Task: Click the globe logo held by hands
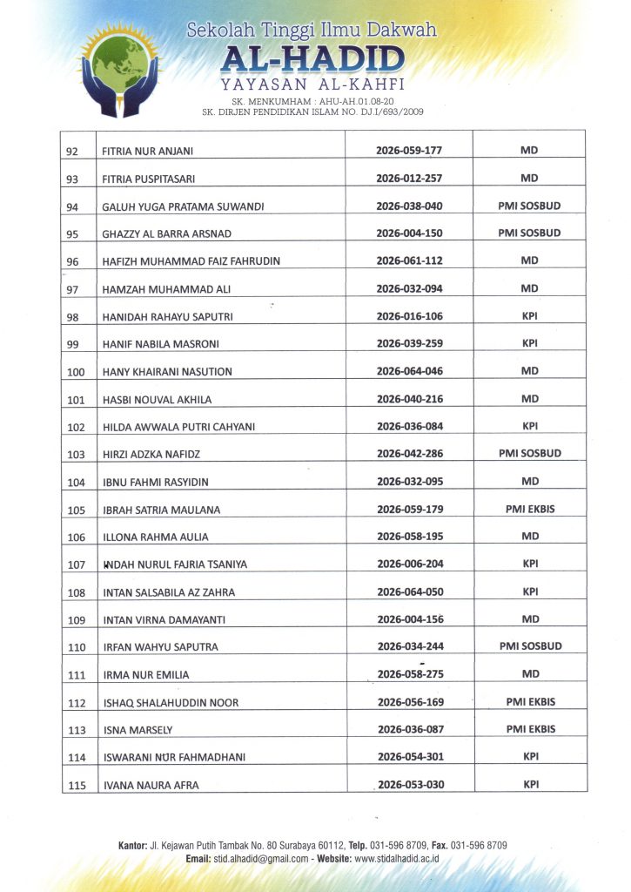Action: tap(121, 67)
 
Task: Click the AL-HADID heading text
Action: tap(312, 60)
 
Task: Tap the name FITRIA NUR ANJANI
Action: tap(147, 151)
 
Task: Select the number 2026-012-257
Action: tap(409, 179)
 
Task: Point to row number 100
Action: tap(77, 372)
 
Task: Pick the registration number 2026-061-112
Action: tap(409, 260)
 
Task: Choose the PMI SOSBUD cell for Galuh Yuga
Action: tap(529, 206)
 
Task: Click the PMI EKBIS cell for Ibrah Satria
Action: tap(529, 509)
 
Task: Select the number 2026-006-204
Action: tap(410, 564)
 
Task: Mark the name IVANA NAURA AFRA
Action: tap(151, 785)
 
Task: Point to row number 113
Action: tap(77, 730)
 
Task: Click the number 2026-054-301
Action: tap(410, 757)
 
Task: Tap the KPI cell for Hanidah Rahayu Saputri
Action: tap(529, 315)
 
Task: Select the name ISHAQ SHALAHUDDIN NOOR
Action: tap(171, 703)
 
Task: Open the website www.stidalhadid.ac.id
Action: tap(396, 859)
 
